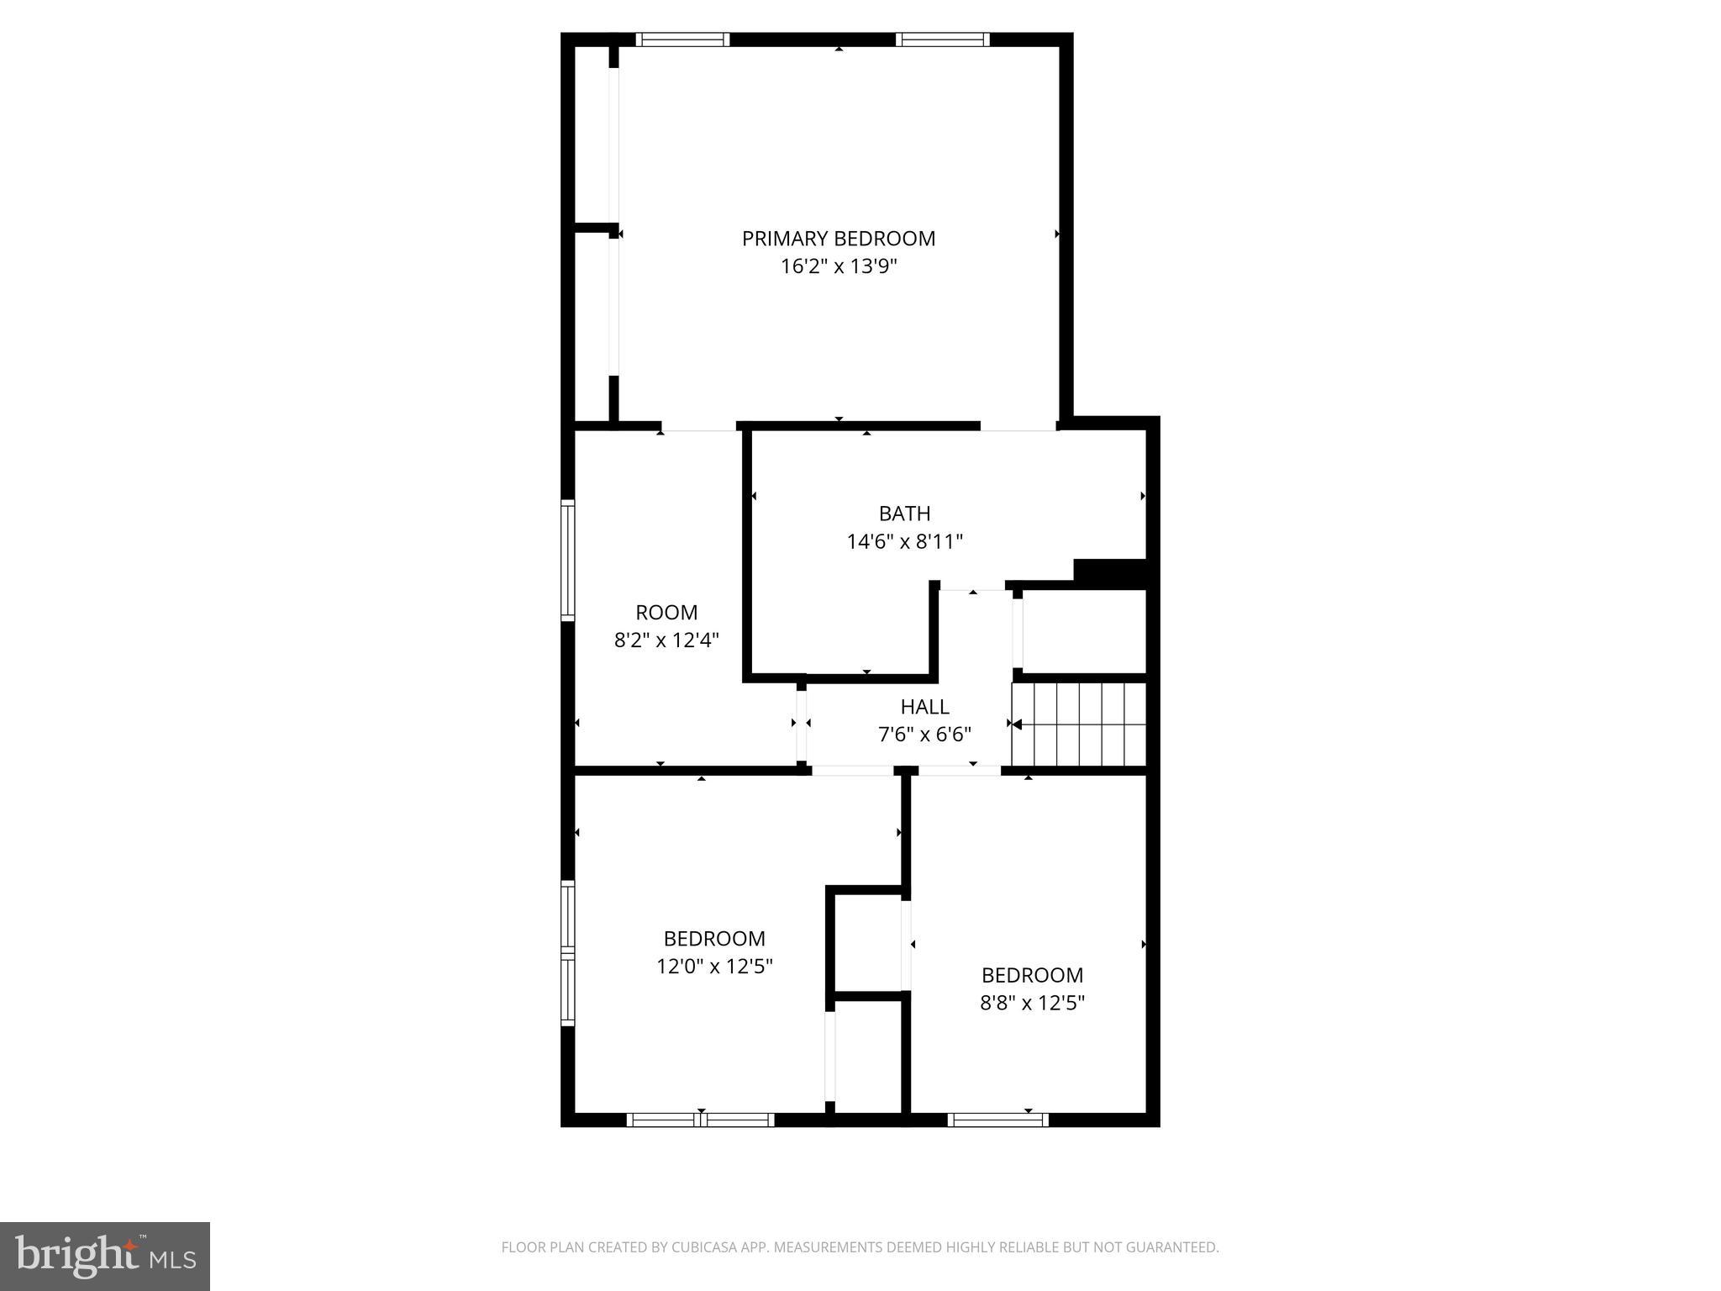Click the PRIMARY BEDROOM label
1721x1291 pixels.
tap(838, 239)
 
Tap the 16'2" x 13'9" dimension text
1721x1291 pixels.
tap(839, 267)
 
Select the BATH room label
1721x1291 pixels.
tap(904, 514)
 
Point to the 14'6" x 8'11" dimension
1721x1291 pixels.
tap(904, 542)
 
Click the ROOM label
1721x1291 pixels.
tap(666, 613)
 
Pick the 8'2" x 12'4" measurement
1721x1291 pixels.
tap(666, 641)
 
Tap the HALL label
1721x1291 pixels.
tap(924, 707)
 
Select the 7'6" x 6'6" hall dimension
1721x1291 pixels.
tap(924, 735)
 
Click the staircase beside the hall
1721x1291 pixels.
tap(1079, 724)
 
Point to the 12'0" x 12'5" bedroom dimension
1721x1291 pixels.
tap(714, 967)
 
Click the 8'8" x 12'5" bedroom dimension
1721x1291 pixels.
tap(1032, 1004)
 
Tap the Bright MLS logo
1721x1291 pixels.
tap(105, 1257)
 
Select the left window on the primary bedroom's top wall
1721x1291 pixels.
tap(682, 40)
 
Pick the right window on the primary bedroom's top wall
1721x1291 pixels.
tap(942, 40)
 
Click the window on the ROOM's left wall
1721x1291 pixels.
tap(568, 560)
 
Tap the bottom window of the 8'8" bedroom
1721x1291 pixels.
tap(998, 1120)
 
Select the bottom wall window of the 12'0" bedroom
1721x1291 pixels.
tap(701, 1120)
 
